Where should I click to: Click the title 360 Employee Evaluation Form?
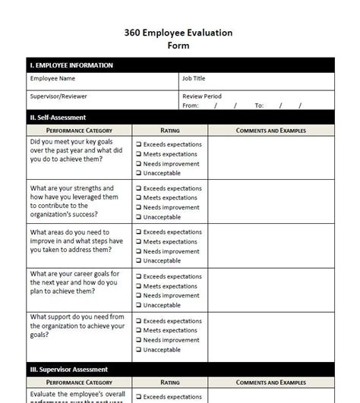point(178,39)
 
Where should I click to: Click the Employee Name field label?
point(52,78)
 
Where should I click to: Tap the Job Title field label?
point(194,78)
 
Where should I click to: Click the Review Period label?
point(202,96)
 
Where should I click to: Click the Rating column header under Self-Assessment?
point(170,131)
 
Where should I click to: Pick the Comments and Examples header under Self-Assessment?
point(270,131)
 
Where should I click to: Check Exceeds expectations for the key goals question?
point(139,144)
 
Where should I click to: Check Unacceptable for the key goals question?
point(139,173)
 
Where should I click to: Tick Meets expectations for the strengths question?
point(139,198)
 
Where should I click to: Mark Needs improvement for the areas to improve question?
point(139,251)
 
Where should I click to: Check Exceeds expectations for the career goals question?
point(139,275)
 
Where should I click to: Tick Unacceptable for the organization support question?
point(139,350)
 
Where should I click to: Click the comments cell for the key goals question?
point(270,158)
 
